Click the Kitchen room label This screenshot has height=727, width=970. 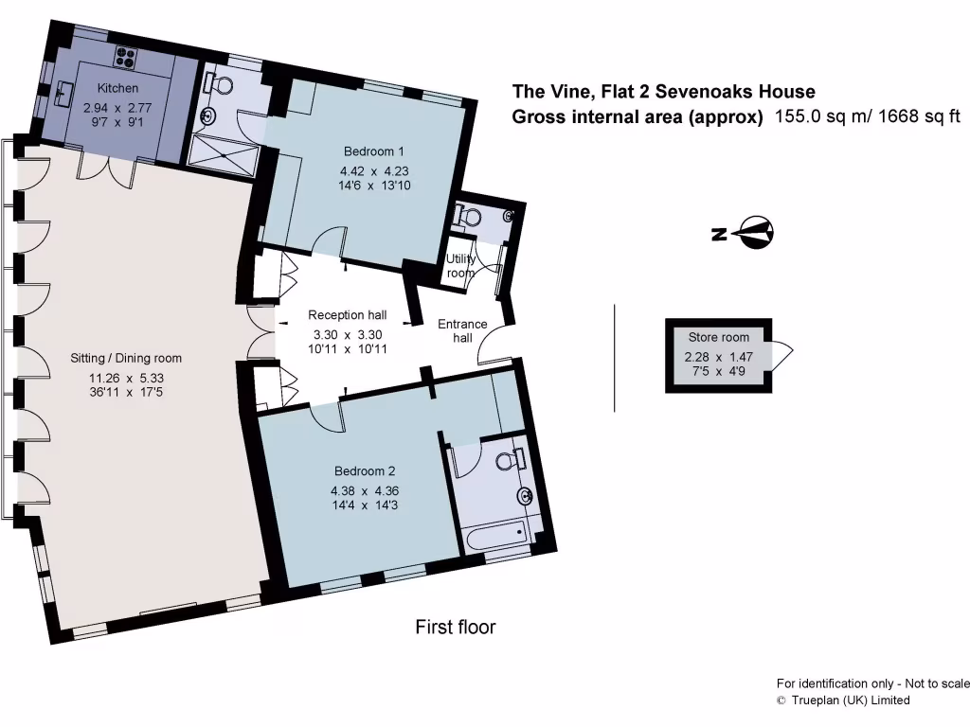click(x=117, y=89)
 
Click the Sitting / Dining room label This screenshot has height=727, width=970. click(x=126, y=358)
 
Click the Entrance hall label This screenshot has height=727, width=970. click(x=461, y=331)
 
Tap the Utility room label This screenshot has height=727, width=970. click(x=460, y=266)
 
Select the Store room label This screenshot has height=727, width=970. click(x=718, y=337)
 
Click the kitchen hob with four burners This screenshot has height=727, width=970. click(x=127, y=54)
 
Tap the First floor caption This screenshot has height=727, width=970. click(x=455, y=627)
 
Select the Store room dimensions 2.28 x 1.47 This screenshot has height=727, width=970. click(x=718, y=357)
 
